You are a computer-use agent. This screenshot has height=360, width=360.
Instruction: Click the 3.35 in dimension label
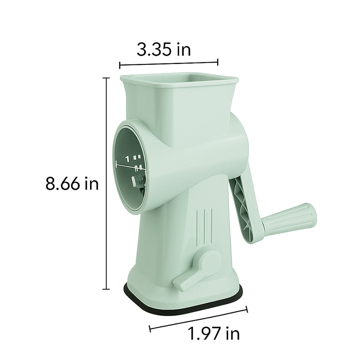(x=163, y=49)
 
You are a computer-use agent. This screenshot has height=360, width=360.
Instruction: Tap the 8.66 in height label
(x=72, y=184)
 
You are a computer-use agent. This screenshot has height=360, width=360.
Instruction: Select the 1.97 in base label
(x=214, y=333)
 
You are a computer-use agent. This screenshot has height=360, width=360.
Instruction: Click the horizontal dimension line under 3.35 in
(x=169, y=63)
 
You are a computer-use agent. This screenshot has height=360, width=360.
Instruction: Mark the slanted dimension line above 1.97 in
(x=198, y=318)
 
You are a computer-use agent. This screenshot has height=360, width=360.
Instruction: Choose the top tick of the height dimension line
(x=107, y=78)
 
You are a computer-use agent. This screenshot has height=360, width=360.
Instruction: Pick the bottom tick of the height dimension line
(x=107, y=289)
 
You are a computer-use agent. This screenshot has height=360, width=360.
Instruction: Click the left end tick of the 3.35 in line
(x=120, y=65)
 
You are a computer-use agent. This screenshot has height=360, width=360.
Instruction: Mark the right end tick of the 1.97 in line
(x=247, y=309)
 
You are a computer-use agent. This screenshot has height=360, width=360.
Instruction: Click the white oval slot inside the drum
(x=134, y=181)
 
